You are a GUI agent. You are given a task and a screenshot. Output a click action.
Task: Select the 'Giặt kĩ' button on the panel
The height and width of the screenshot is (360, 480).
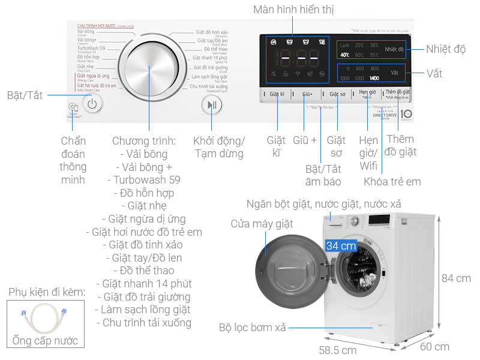[276, 94]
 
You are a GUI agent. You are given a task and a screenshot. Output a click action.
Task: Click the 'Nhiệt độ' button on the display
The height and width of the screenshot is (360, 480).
[394, 49]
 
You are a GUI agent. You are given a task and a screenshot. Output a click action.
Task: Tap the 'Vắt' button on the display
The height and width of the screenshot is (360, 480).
[394, 73]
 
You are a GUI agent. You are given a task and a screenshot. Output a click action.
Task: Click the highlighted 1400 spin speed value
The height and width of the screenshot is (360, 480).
[374, 78]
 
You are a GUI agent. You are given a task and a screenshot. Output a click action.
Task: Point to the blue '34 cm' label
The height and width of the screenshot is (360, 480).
[341, 245]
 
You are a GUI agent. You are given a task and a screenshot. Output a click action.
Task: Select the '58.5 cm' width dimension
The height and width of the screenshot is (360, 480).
[337, 350]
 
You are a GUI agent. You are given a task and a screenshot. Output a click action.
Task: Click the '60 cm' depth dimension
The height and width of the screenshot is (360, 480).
[434, 346]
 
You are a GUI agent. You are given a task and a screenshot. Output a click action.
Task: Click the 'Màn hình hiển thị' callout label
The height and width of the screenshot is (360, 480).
[293, 10]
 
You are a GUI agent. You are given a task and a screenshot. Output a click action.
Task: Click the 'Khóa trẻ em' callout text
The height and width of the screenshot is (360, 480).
[392, 181]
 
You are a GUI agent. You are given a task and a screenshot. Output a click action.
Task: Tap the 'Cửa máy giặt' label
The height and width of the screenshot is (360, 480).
[262, 224]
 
